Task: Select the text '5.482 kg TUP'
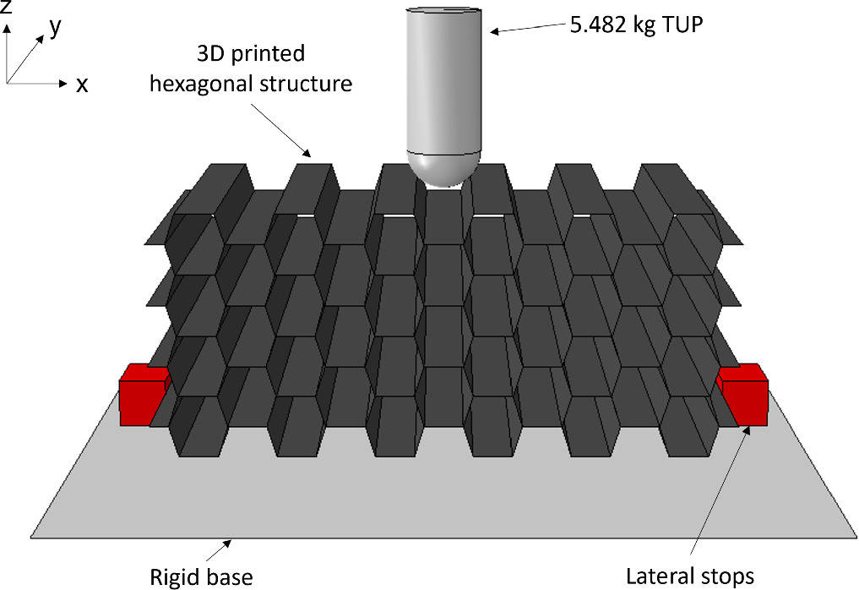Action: click(637, 25)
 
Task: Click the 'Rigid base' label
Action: click(201, 577)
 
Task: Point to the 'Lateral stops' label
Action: click(690, 577)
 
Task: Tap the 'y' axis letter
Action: click(56, 28)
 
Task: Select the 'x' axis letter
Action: click(82, 85)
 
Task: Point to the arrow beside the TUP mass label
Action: click(529, 29)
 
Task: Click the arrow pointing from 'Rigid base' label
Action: click(226, 549)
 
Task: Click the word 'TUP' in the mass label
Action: click(683, 25)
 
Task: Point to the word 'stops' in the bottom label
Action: click(727, 577)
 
